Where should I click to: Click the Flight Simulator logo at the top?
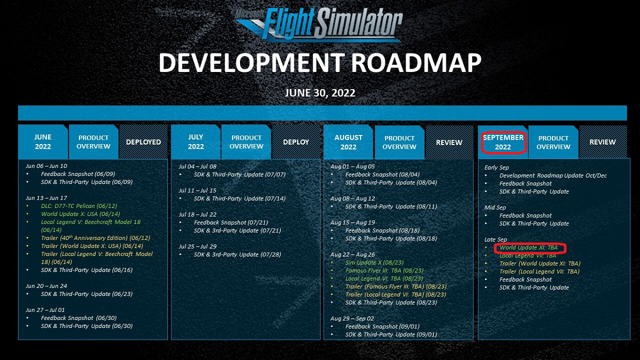(x=319, y=25)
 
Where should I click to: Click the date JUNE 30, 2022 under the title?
(x=320, y=93)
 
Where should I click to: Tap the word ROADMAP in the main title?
(x=416, y=62)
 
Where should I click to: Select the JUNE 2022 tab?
(x=43, y=142)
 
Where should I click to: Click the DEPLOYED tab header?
(x=143, y=142)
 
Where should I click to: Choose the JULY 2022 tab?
(x=196, y=142)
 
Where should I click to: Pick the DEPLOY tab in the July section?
(x=296, y=142)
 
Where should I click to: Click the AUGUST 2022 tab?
(x=348, y=142)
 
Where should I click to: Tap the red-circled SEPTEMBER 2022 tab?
(x=503, y=142)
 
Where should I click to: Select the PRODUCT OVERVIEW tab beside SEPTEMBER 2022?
(x=554, y=142)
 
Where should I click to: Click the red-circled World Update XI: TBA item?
(x=529, y=247)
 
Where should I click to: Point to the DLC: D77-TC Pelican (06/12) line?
(x=79, y=206)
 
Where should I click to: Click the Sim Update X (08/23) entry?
(x=374, y=262)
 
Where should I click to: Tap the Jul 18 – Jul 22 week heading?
(x=197, y=214)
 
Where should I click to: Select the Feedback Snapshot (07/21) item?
(x=231, y=222)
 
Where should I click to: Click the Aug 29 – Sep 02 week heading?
(x=352, y=318)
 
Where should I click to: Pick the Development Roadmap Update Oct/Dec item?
(x=553, y=175)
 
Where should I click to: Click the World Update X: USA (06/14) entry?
(x=81, y=214)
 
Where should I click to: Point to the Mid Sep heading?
(x=495, y=207)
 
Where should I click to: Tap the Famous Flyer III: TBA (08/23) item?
(x=385, y=270)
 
